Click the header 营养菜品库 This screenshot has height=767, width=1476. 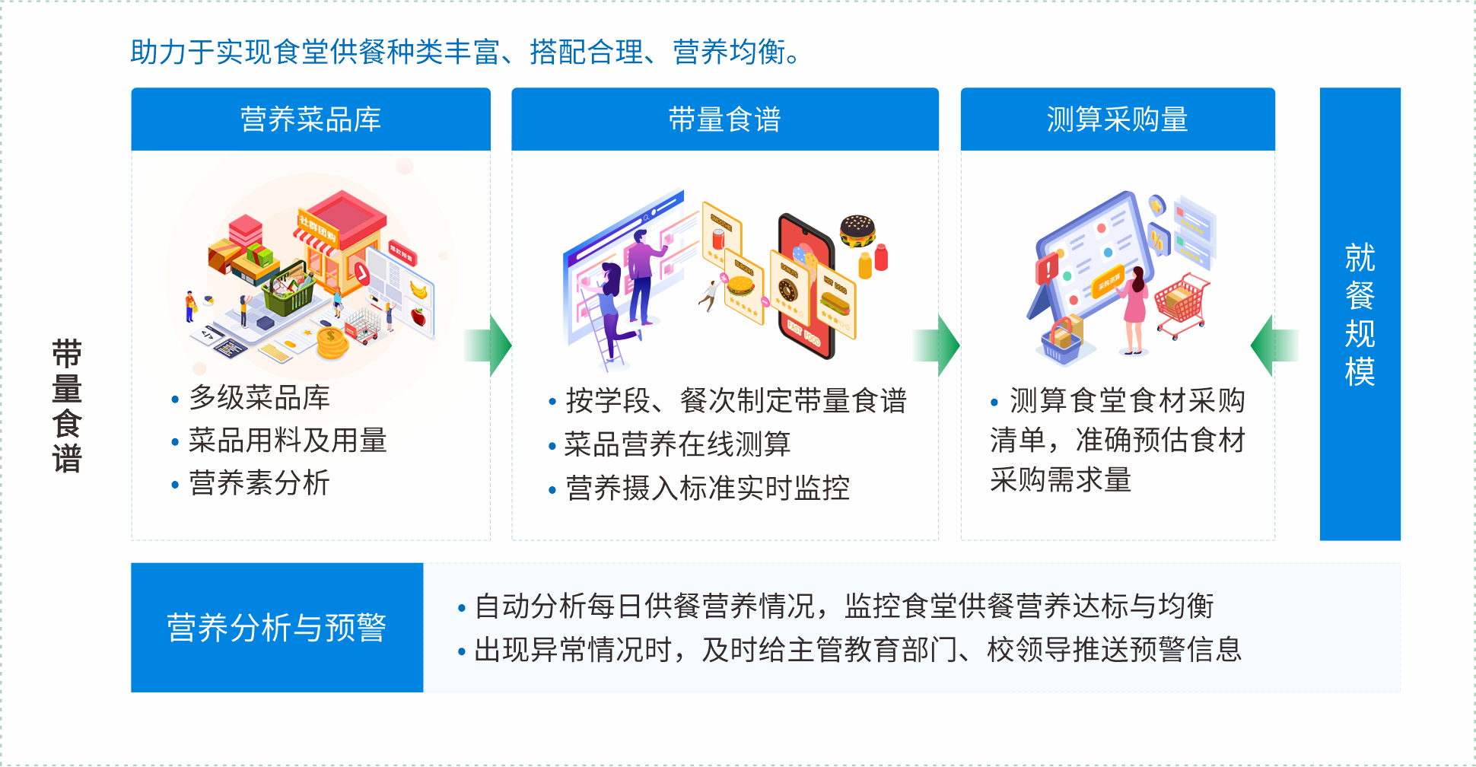tap(310, 119)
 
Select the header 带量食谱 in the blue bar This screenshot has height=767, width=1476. tap(724, 119)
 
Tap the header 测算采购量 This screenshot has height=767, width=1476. tap(1117, 119)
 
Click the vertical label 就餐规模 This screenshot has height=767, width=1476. tap(1360, 314)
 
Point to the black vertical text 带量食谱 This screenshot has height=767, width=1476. tap(67, 406)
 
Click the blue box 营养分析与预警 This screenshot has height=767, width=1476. tap(277, 628)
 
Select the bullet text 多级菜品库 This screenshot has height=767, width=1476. tap(259, 397)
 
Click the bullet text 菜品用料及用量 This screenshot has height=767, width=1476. tap(288, 440)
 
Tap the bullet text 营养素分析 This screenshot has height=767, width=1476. tap(259, 482)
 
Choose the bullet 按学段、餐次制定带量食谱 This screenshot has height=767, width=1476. tap(736, 400)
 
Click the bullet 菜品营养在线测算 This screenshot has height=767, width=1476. tap(677, 444)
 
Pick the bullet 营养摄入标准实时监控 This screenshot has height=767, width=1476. tap(707, 488)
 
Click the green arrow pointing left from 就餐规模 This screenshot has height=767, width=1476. tap(1274, 345)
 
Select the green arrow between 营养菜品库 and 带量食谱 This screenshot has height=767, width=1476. tap(488, 345)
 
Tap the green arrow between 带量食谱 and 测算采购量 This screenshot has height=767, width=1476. tap(937, 345)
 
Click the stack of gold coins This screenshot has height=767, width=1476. tap(331, 343)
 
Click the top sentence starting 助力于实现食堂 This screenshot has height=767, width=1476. tap(466, 52)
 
